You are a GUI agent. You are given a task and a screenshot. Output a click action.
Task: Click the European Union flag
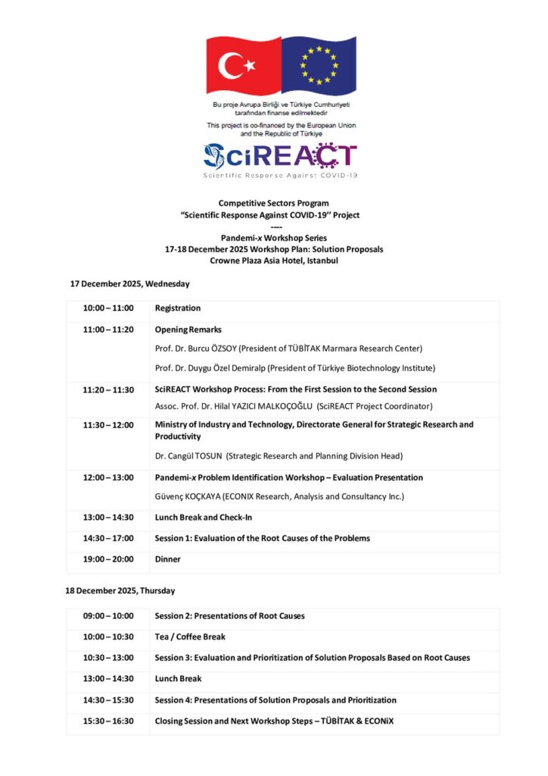pyautogui.click(x=319, y=65)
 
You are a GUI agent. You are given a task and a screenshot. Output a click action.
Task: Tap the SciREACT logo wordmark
pyautogui.click(x=279, y=155)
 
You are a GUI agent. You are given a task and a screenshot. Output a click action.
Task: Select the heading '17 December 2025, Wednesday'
pyautogui.click(x=129, y=283)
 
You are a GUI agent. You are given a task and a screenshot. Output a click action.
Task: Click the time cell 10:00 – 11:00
pyautogui.click(x=108, y=308)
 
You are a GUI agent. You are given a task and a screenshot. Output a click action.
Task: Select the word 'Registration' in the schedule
pyautogui.click(x=178, y=308)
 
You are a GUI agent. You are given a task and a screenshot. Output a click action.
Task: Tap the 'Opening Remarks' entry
pyautogui.click(x=188, y=330)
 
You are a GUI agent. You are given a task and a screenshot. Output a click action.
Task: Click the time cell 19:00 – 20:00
pyautogui.click(x=108, y=559)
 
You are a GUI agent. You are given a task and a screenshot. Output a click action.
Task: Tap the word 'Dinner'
pyautogui.click(x=168, y=559)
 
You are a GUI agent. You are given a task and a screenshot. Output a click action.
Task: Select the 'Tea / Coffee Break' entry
pyautogui.click(x=190, y=637)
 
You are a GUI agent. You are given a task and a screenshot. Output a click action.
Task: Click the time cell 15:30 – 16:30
pyautogui.click(x=108, y=721)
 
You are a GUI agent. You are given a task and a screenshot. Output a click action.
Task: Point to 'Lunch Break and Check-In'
pyautogui.click(x=204, y=518)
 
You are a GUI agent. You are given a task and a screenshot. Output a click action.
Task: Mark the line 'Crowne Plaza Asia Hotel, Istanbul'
pyautogui.click(x=274, y=261)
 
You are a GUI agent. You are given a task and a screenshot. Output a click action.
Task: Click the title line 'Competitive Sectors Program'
pyautogui.click(x=274, y=203)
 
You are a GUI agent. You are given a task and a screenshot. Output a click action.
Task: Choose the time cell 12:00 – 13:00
pyautogui.click(x=108, y=477)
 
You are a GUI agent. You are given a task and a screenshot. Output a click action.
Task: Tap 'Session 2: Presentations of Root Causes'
pyautogui.click(x=229, y=616)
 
